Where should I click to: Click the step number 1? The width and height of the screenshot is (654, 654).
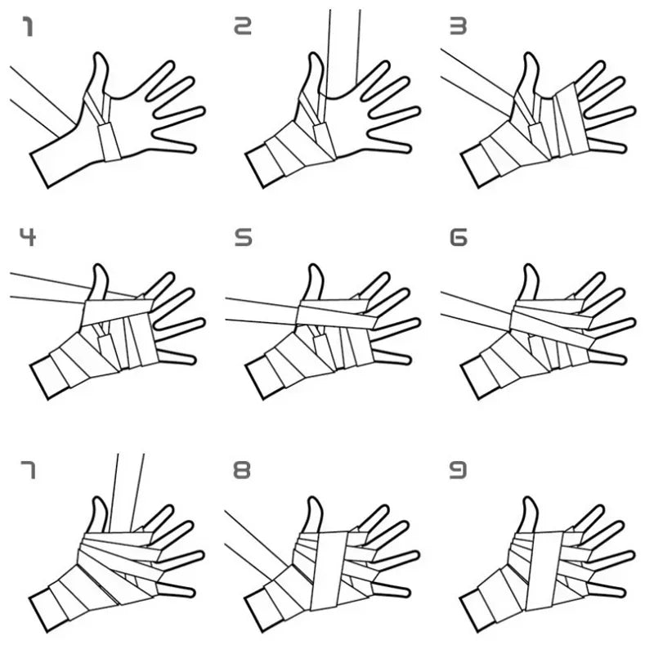(28, 28)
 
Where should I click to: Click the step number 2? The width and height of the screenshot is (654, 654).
(242, 28)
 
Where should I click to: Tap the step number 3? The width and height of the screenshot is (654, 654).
(458, 28)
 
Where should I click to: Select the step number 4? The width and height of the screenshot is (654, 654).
(28, 238)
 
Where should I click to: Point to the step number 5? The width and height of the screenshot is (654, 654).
(242, 238)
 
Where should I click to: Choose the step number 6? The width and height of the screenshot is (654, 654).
(458, 238)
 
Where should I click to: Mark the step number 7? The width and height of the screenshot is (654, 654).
(28, 471)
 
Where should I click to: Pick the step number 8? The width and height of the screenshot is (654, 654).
(242, 471)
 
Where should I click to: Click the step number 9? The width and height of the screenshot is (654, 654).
(458, 471)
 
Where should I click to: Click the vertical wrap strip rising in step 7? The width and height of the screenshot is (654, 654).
(129, 482)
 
